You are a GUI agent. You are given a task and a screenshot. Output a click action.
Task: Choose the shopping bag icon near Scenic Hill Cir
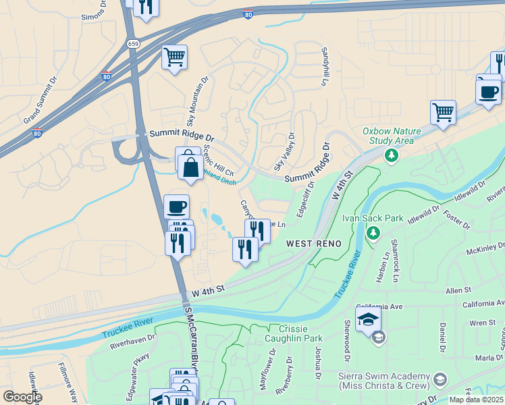191,166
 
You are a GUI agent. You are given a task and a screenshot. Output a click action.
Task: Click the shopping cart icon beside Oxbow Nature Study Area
443,113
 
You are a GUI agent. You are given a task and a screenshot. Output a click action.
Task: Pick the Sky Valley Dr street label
284,151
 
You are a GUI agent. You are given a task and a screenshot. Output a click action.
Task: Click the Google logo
22,396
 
